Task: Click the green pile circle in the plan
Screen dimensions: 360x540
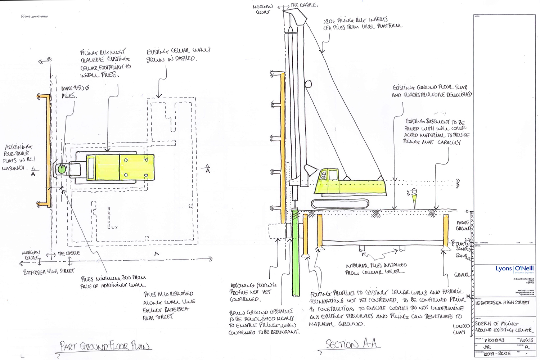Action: [x=62, y=168]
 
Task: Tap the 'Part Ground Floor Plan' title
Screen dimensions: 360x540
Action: [x=104, y=346]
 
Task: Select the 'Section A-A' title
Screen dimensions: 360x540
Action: [x=351, y=344]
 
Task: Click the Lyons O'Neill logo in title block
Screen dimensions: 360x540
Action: [x=514, y=269]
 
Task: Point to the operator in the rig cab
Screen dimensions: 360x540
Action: [x=324, y=176]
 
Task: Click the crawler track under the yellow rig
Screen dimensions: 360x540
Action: [x=339, y=204]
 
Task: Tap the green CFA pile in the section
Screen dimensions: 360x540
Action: [x=296, y=252]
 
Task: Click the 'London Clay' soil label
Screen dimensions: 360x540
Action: [x=461, y=329]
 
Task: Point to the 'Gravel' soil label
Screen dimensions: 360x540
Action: [x=462, y=275]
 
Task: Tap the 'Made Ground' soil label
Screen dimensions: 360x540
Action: [x=463, y=226]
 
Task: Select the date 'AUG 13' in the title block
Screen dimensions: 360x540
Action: [x=526, y=340]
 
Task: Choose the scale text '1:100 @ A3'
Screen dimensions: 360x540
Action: [x=494, y=340]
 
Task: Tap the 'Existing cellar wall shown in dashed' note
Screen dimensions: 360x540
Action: [x=178, y=55]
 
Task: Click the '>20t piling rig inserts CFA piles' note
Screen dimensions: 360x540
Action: [x=362, y=23]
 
